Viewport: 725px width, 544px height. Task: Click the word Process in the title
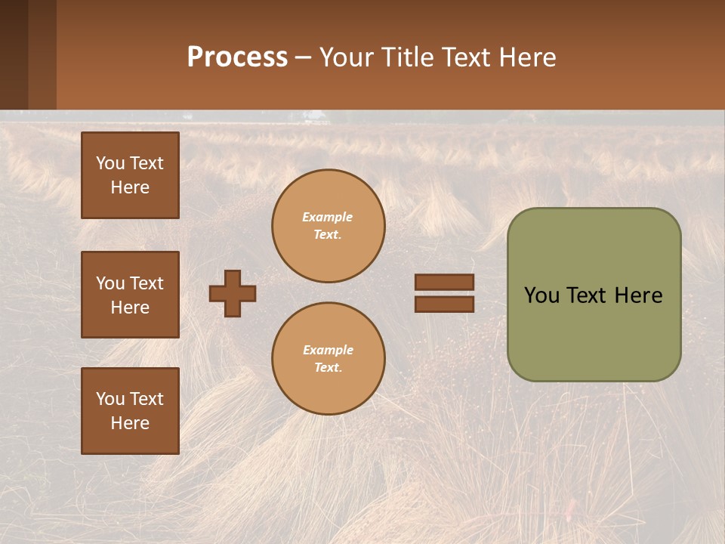tap(237, 57)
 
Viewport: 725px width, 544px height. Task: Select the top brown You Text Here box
tap(130, 175)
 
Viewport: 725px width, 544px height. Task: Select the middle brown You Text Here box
tap(130, 295)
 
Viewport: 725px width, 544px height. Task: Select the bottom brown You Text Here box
tap(130, 411)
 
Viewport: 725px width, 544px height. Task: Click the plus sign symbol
tap(233, 293)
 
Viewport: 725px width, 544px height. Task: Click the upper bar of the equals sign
tap(444, 282)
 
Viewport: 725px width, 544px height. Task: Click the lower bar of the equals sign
tap(444, 304)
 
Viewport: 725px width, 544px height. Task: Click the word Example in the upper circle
tap(328, 217)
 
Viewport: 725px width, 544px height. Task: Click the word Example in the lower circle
tap(328, 350)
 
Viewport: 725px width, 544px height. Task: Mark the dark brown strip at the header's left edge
tap(14, 54)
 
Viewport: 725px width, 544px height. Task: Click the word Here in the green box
tap(638, 295)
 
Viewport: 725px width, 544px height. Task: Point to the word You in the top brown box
tap(110, 163)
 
